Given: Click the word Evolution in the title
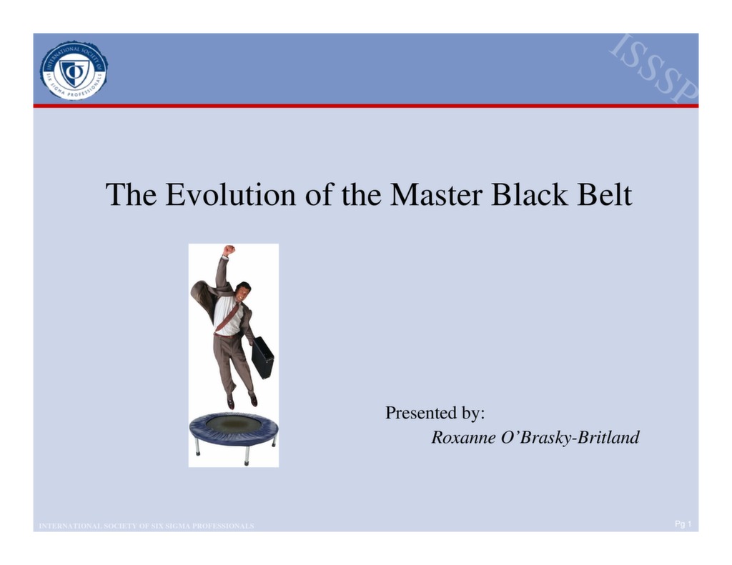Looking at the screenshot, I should pyautogui.click(x=230, y=195).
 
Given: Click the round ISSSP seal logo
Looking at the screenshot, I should pyautogui.click(x=74, y=70).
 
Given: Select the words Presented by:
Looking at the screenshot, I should pyautogui.click(x=435, y=413).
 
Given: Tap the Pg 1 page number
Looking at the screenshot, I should pyautogui.click(x=683, y=525).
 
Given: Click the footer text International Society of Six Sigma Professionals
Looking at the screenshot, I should pyautogui.click(x=147, y=526).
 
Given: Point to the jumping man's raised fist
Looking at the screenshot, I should pyautogui.click(x=228, y=250).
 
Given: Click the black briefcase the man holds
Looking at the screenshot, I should pyautogui.click(x=262, y=356).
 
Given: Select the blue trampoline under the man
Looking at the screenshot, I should pyautogui.click(x=234, y=428).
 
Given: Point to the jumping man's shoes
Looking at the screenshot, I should pyautogui.click(x=242, y=400).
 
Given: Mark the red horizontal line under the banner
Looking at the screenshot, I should pyautogui.click(x=365, y=106).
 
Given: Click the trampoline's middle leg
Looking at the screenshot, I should pyautogui.click(x=247, y=455).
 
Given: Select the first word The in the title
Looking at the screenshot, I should pyautogui.click(x=132, y=195).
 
